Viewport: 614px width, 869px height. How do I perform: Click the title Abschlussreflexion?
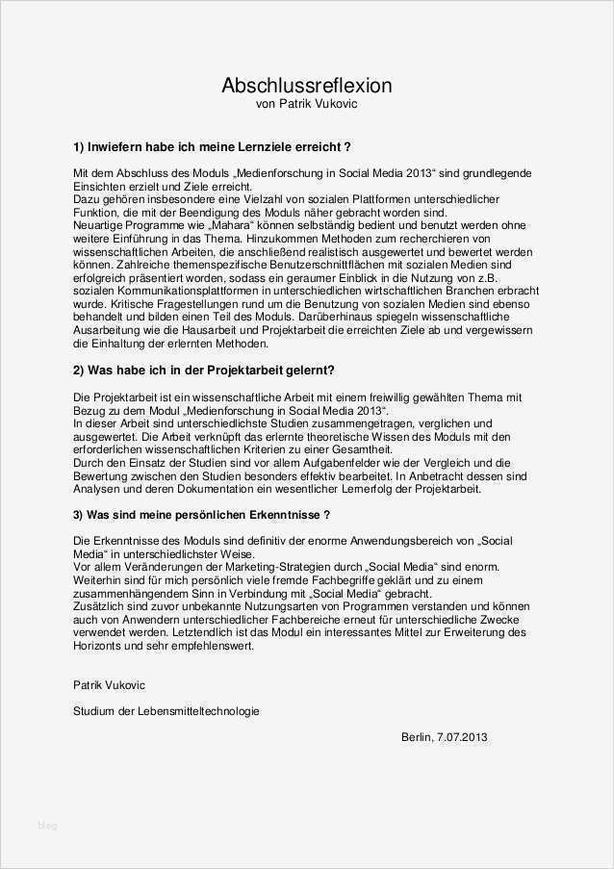point(306,86)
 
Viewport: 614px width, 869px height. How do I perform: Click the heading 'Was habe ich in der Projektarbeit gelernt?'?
point(203,370)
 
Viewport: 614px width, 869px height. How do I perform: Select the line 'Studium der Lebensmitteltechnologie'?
point(166,711)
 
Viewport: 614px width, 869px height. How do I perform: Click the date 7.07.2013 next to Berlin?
point(465,737)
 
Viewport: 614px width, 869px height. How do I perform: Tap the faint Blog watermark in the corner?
point(46,825)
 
